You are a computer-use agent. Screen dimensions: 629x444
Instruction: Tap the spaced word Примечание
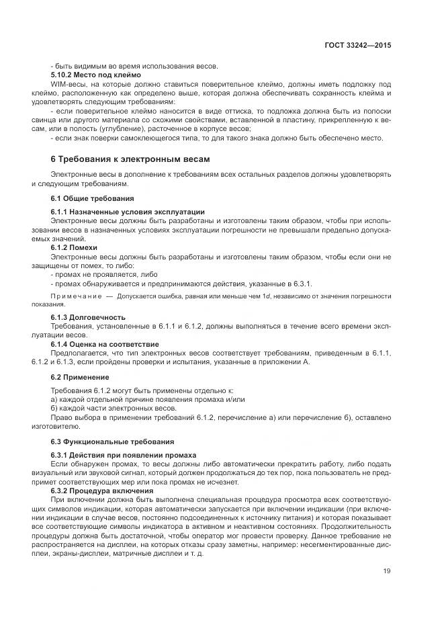pyautogui.click(x=75, y=296)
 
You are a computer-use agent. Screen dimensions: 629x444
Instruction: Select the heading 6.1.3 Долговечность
pyautogui.click(x=88, y=317)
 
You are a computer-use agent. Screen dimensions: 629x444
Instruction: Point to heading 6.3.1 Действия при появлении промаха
pyautogui.click(x=124, y=455)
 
